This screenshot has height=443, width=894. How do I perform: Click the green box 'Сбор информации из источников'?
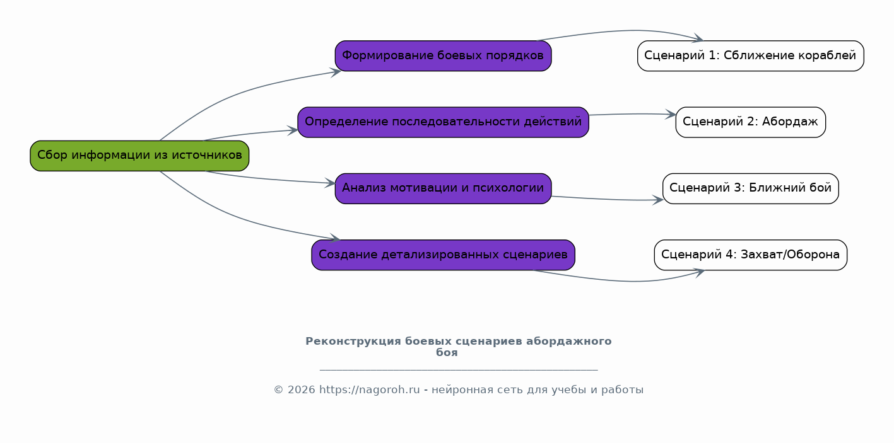tap(139, 156)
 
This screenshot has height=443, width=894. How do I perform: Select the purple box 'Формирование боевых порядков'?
tap(444, 56)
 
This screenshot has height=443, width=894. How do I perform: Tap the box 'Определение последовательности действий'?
tap(444, 122)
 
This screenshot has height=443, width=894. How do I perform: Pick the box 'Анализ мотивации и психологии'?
tap(444, 188)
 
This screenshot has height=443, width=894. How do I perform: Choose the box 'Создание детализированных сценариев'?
tap(444, 255)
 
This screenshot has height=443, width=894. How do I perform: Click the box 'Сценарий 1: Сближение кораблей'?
tap(751, 56)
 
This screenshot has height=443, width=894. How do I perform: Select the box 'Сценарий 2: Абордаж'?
tap(751, 122)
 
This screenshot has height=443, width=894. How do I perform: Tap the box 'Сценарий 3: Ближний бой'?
tap(751, 188)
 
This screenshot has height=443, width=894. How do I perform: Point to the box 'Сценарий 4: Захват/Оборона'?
tap(751, 255)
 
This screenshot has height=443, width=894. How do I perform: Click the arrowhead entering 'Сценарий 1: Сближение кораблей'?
tap(698, 38)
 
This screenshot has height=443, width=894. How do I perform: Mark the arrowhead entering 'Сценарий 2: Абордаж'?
tap(671, 115)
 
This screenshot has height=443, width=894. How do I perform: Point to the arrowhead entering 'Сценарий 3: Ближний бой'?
tap(658, 199)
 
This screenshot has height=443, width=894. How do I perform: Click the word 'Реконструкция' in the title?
tap(353, 342)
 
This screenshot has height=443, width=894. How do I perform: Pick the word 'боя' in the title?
tap(447, 353)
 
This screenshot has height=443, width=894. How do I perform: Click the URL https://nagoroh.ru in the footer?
tap(370, 390)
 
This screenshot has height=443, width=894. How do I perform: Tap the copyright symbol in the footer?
tap(279, 390)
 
